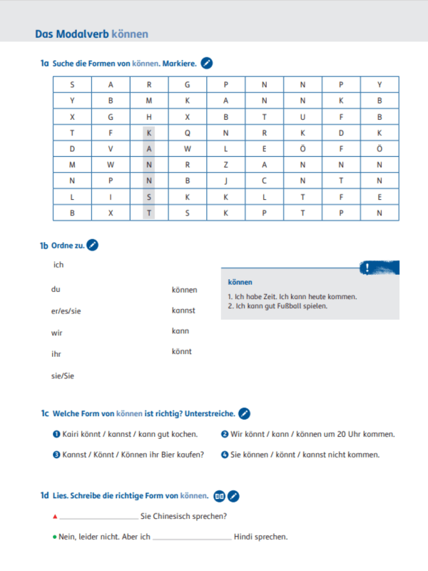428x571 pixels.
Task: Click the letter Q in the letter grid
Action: (x=188, y=133)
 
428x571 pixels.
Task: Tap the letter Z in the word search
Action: (x=225, y=165)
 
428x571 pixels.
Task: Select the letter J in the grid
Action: (x=225, y=181)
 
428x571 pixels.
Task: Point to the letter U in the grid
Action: (x=302, y=116)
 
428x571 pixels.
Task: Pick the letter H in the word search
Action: (x=149, y=116)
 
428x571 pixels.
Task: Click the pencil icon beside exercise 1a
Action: (x=207, y=64)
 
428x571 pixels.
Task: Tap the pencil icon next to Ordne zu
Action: (x=92, y=245)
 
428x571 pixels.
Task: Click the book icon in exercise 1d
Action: (x=220, y=495)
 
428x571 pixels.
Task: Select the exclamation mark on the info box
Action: (x=367, y=268)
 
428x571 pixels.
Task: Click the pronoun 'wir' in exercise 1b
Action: (x=57, y=333)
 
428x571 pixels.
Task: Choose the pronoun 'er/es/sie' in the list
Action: (x=66, y=310)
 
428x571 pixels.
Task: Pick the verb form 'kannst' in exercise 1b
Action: (x=183, y=310)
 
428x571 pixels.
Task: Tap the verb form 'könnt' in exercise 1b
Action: (x=181, y=351)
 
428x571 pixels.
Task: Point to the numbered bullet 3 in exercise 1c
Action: (x=56, y=455)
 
